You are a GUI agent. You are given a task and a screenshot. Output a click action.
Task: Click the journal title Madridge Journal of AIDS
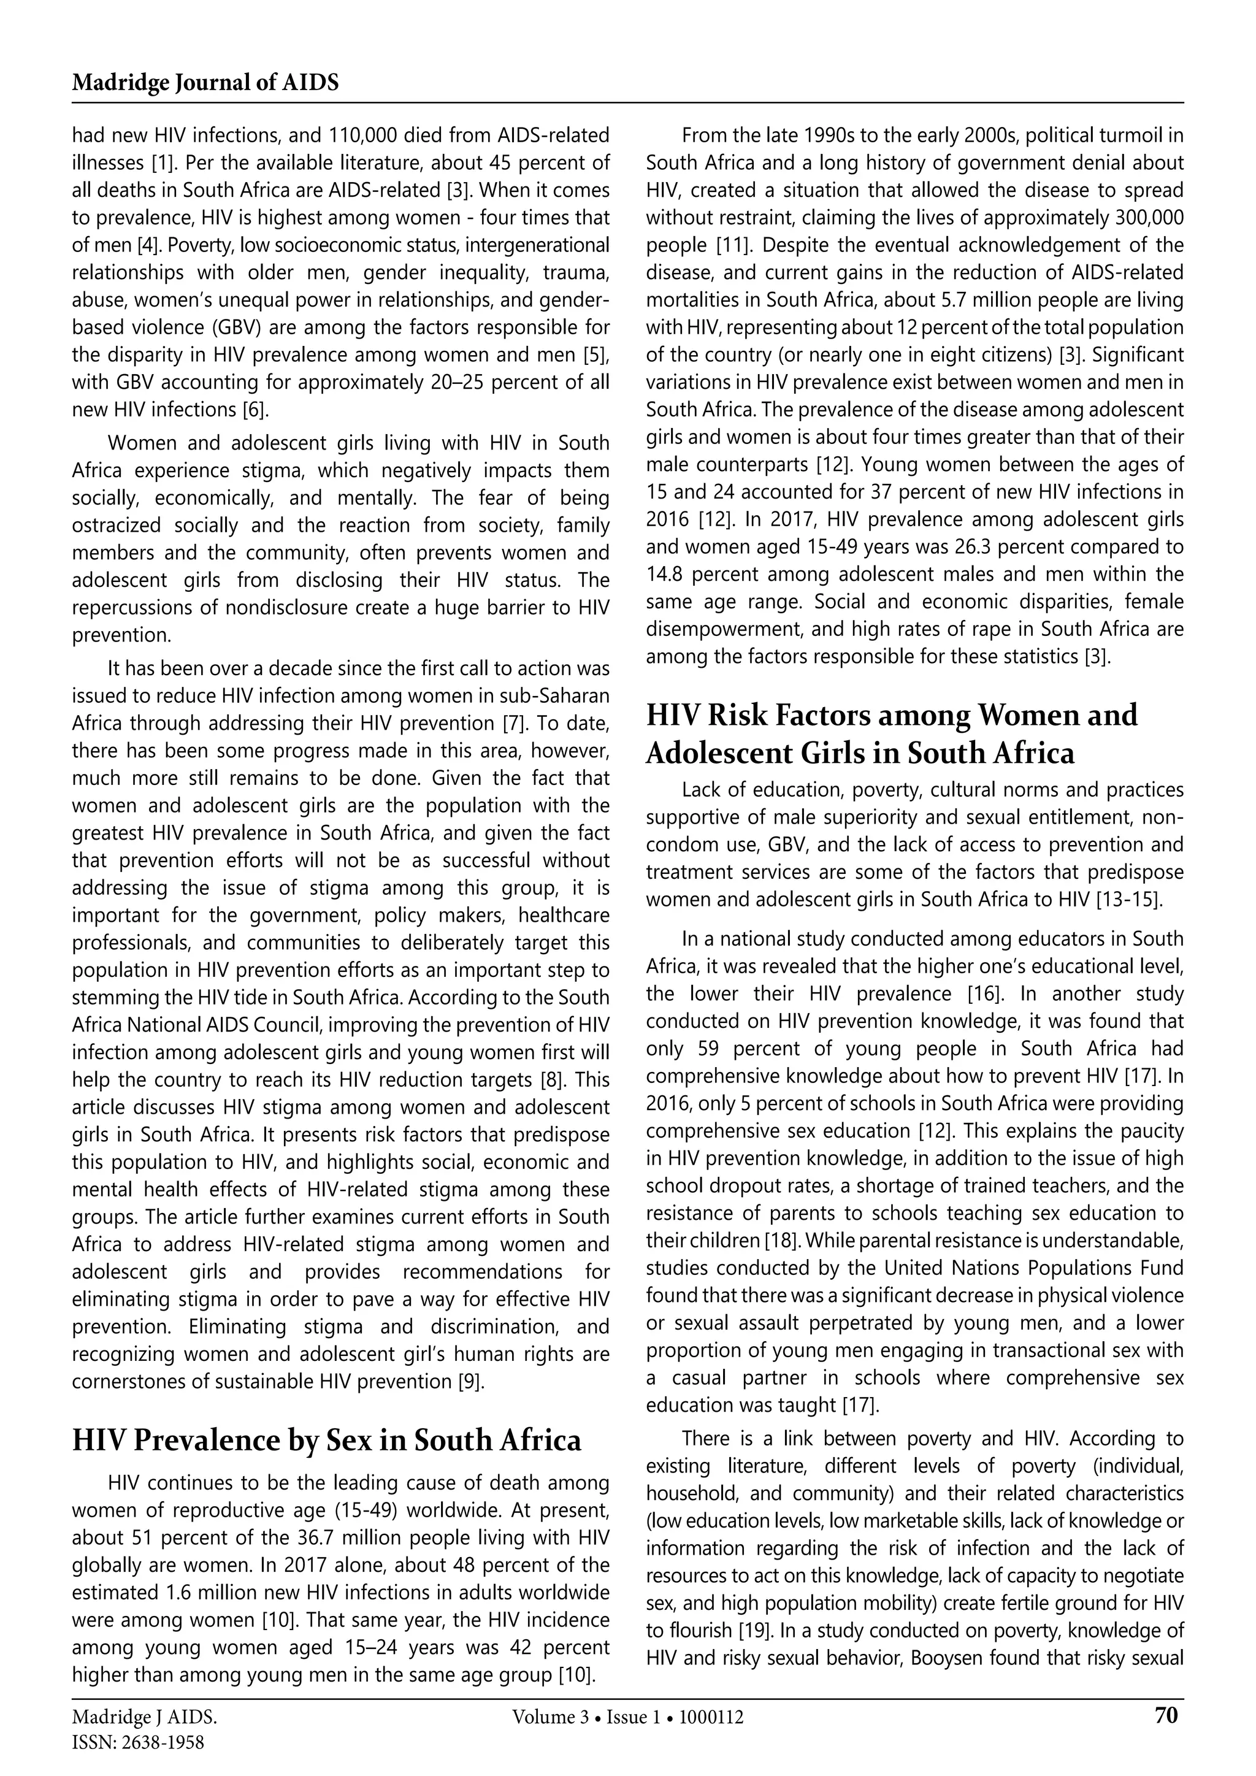click(x=205, y=83)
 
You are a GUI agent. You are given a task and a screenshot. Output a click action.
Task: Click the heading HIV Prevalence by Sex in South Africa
click(x=326, y=1441)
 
